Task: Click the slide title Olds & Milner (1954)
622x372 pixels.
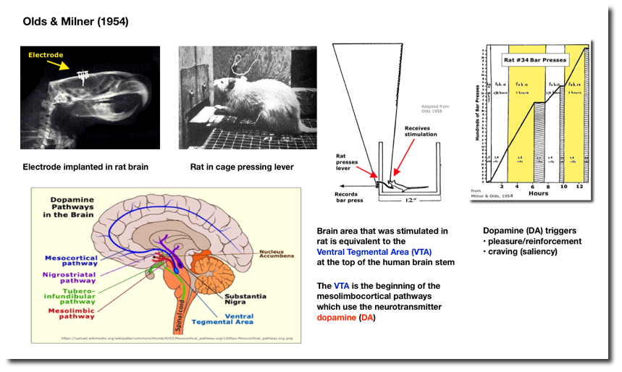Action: (73, 22)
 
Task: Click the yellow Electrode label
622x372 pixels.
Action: (45, 54)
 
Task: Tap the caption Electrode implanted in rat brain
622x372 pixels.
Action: (85, 167)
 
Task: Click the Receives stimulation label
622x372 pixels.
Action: (416, 131)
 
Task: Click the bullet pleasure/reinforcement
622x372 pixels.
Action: (534, 240)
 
